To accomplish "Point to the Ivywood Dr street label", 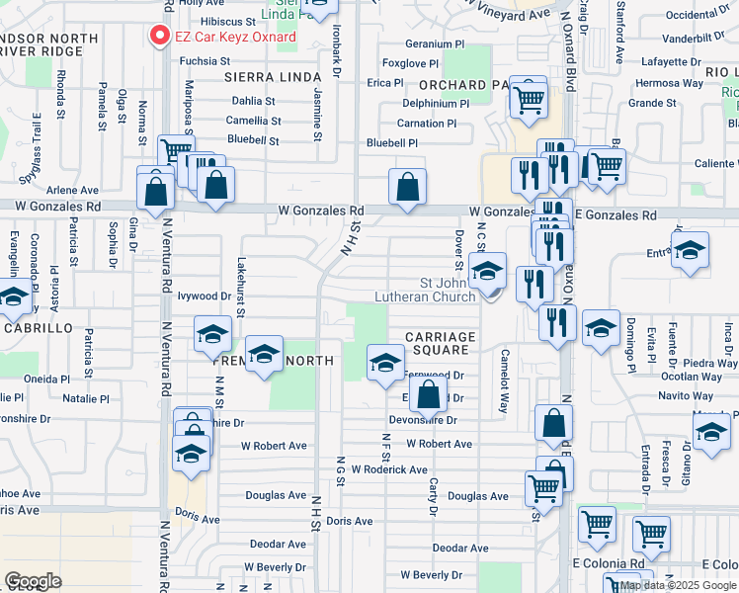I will pyautogui.click(x=205, y=295).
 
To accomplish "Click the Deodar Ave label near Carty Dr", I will pyautogui.click(x=460, y=548).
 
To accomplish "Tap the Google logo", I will pyautogui.click(x=33, y=581).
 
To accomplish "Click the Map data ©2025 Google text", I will pyautogui.click(x=678, y=585).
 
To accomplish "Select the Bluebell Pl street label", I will pyautogui.click(x=392, y=143).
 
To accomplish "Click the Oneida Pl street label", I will pyautogui.click(x=46, y=378).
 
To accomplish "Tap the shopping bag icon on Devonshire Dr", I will pyautogui.click(x=428, y=396).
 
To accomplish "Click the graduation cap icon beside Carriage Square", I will pyautogui.click(x=385, y=362).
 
